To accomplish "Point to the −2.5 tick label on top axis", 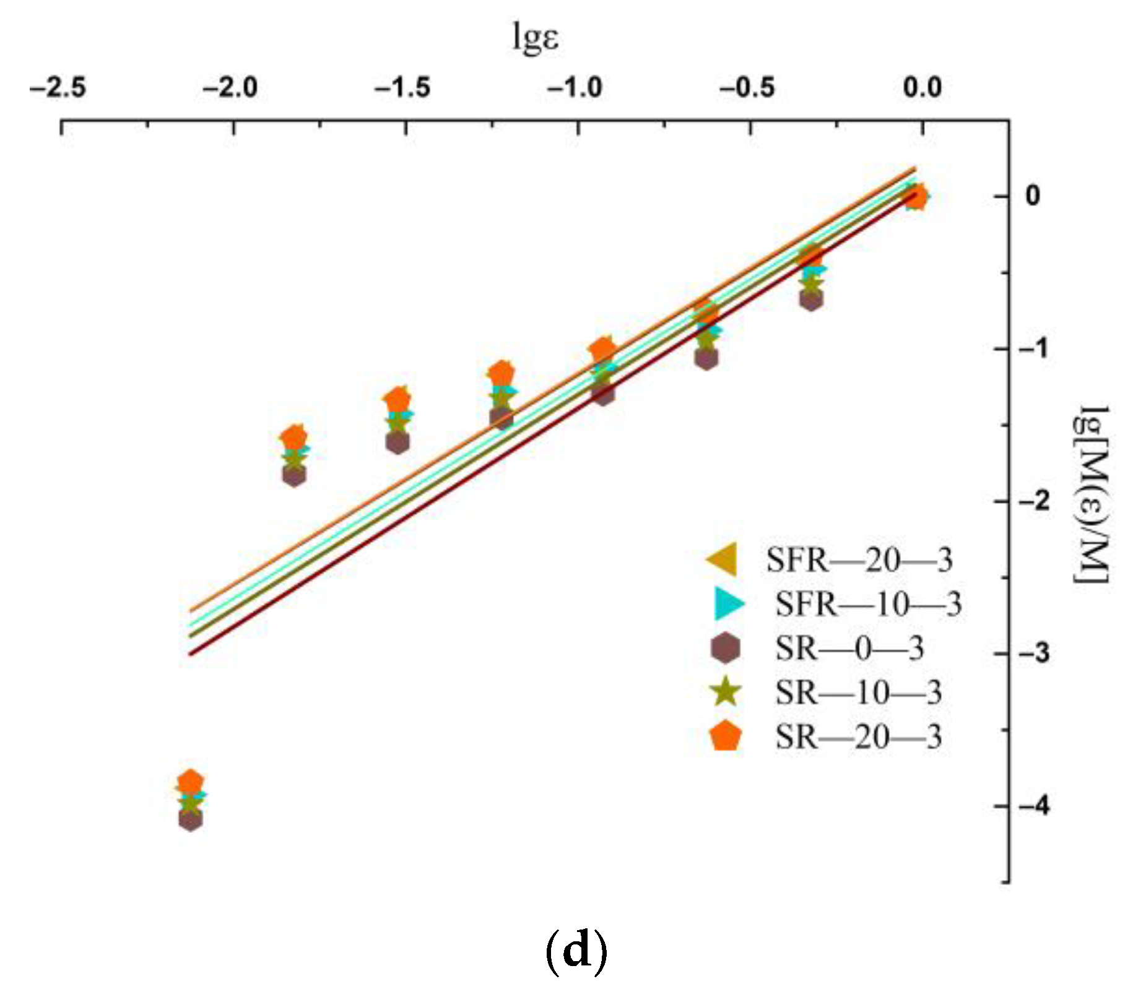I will point(58,87).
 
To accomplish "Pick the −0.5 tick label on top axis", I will point(747,87).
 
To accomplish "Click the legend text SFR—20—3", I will point(859,560).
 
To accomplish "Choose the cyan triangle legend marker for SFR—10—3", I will point(728,603).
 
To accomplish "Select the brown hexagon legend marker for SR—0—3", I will point(725,648).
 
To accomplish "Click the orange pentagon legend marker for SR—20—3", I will point(726,736).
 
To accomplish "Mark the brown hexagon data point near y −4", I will point(191,820).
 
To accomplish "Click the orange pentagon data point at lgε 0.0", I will point(917,197).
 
